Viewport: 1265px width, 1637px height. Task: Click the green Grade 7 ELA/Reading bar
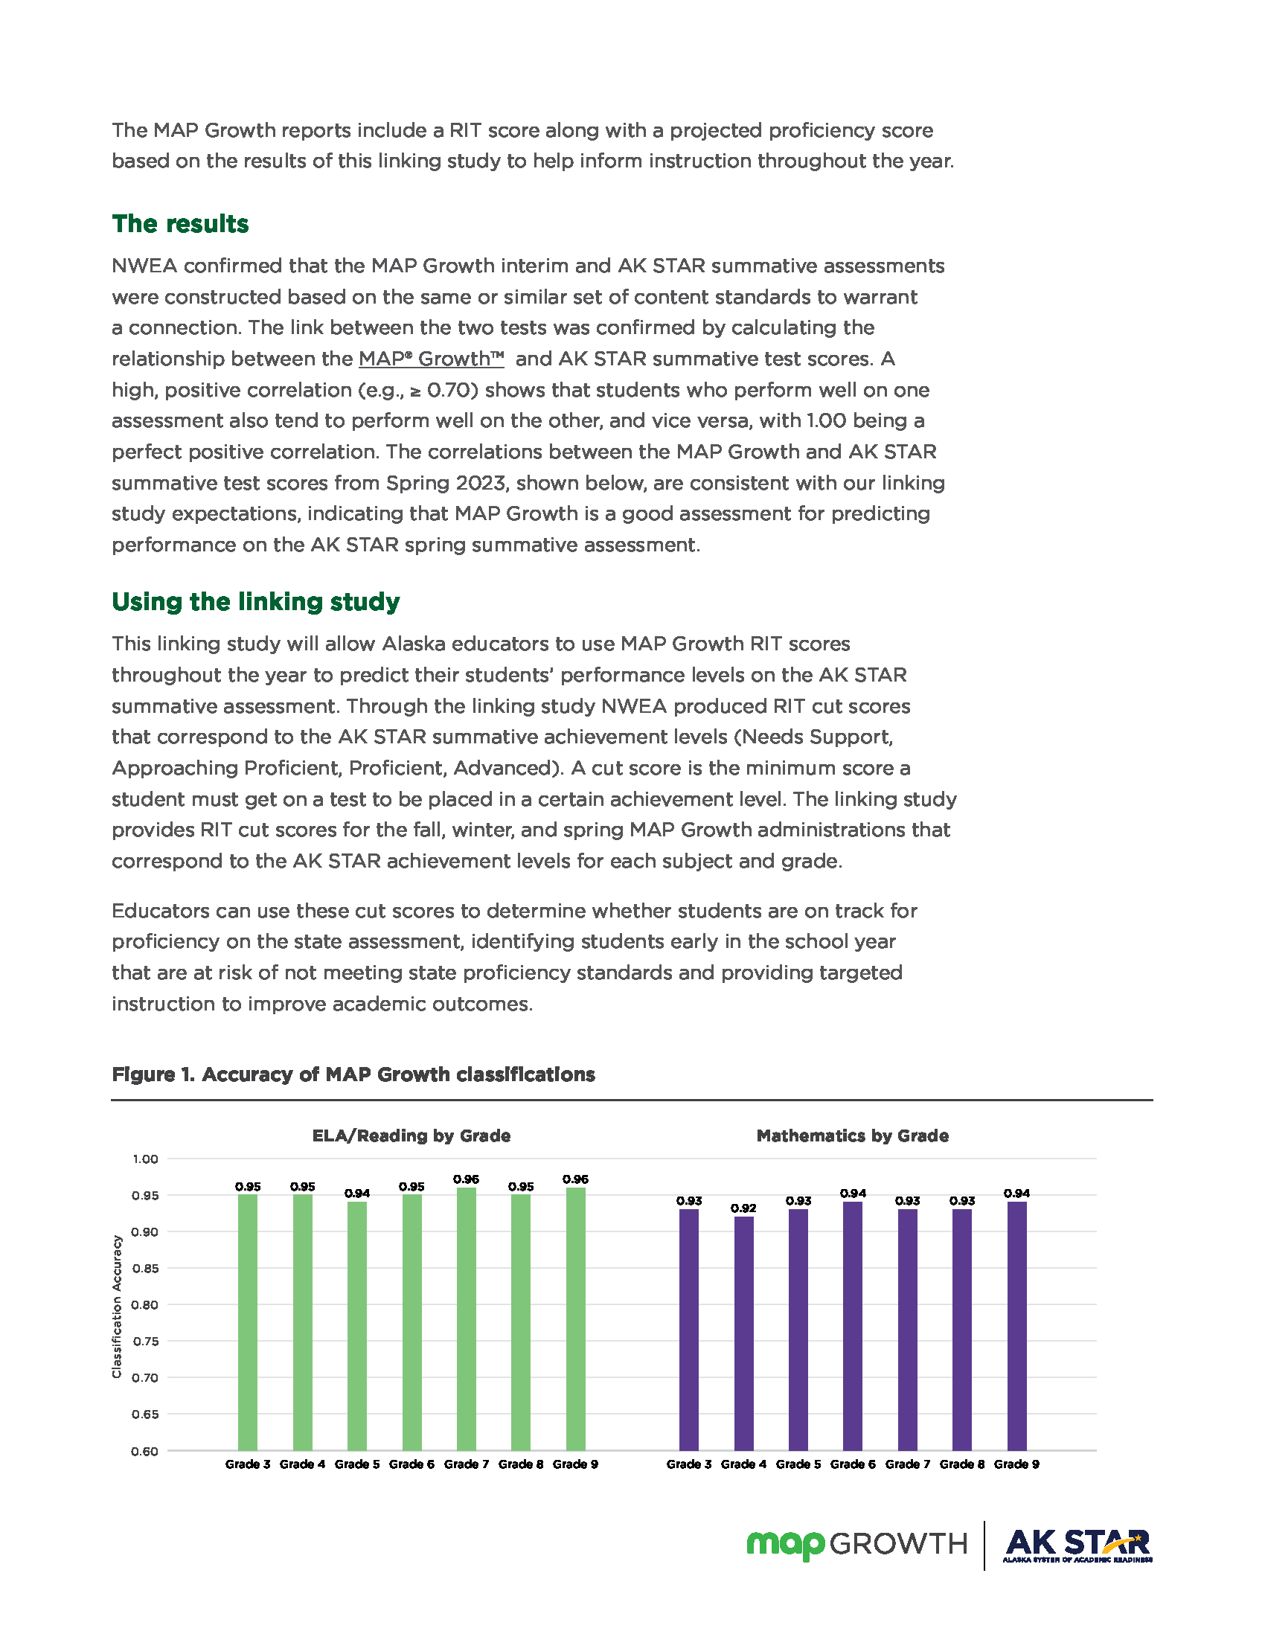[x=466, y=1319]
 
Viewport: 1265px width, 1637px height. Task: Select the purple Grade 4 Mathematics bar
[x=743, y=1333]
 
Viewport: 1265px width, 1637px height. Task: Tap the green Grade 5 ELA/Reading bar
[x=356, y=1326]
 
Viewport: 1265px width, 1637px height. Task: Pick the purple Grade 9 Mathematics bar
[x=1016, y=1326]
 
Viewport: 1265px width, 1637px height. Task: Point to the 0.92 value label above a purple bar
[x=743, y=1208]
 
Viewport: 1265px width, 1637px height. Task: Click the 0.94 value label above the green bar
[x=356, y=1194]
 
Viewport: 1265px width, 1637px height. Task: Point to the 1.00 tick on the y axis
[x=145, y=1159]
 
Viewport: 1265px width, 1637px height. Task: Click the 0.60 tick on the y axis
[x=145, y=1451]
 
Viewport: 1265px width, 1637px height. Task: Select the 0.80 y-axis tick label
[x=145, y=1305]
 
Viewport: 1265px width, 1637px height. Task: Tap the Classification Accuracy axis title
[x=117, y=1306]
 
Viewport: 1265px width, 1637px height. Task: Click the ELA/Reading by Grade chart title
[x=411, y=1135]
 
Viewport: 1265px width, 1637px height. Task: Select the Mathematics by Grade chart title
[x=852, y=1135]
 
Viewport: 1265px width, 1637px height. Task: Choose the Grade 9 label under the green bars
[x=574, y=1464]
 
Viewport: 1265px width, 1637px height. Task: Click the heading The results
[x=180, y=224]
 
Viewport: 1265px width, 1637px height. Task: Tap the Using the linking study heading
[x=255, y=602]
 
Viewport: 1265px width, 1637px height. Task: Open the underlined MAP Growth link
[x=431, y=359]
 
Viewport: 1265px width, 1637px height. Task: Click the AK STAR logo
[x=1076, y=1545]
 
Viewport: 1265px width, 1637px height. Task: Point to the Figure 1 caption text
[x=353, y=1075]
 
